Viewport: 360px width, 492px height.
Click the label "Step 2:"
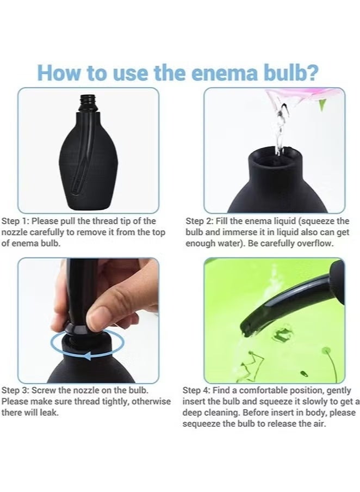(x=201, y=221)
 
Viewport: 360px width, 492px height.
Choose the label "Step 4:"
(x=199, y=390)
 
